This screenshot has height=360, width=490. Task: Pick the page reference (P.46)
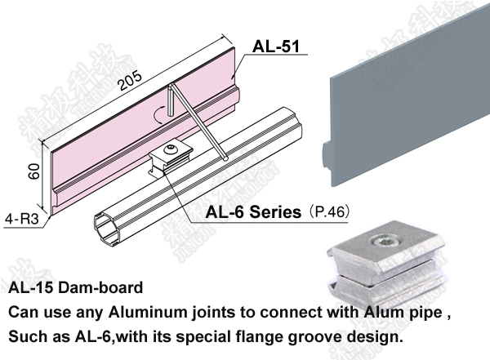pos(328,213)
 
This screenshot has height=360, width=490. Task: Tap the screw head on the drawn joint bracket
pos(171,149)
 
